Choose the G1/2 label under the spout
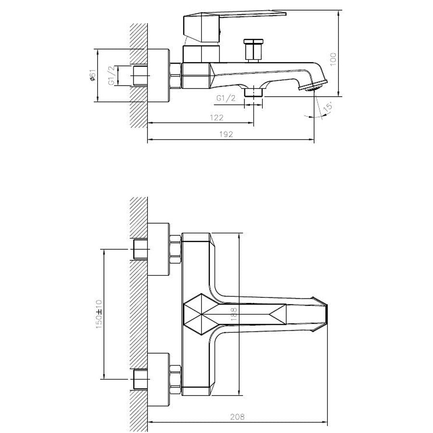pos(226,99)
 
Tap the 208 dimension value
pos(237,418)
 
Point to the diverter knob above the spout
pos(252,50)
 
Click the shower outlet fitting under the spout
pos(253,91)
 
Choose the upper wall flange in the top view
pos(159,249)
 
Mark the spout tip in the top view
pos(323,315)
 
